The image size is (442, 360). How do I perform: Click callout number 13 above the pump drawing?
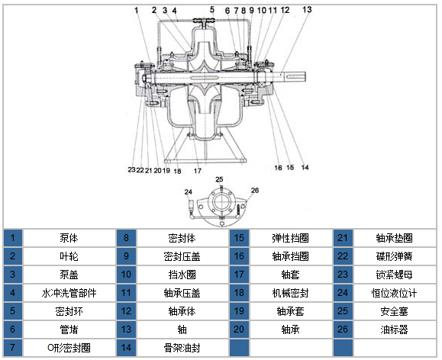307,10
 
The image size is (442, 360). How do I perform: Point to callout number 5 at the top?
212,10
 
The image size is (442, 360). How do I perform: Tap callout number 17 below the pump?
197,171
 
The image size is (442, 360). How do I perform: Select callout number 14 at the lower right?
305,168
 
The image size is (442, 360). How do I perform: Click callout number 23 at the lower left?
131,169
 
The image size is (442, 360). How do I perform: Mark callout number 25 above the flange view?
219,179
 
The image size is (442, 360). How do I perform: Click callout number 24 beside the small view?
189,192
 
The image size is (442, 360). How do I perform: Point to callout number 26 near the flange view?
255,191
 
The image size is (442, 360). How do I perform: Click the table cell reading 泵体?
69,238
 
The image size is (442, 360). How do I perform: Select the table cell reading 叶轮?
69,256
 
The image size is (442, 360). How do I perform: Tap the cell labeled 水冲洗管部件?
69,293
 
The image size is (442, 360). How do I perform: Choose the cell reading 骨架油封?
182,348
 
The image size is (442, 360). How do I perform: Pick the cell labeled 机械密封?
290,293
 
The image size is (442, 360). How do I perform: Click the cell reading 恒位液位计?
394,293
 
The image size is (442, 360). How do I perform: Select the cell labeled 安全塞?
394,311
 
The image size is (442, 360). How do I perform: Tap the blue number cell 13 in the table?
126,329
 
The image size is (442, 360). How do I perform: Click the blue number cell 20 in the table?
239,329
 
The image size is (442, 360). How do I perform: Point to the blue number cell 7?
13,348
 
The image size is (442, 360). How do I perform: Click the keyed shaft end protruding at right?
295,77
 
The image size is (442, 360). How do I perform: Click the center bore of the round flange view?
221,201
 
